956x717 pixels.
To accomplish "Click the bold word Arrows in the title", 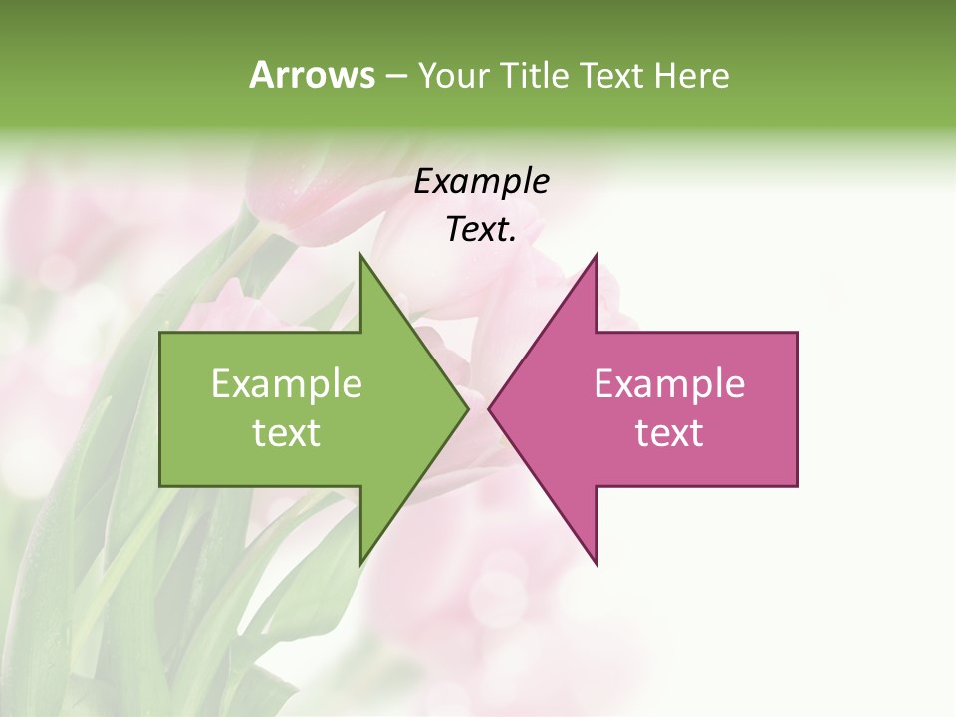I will click(312, 76).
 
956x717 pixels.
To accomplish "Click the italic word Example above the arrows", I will click(481, 181).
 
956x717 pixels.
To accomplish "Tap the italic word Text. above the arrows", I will click(481, 230).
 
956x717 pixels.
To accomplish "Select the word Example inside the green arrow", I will click(286, 384).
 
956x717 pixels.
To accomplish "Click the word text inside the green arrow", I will click(286, 433).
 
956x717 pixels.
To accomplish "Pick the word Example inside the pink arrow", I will click(669, 384).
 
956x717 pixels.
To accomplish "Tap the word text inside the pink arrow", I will click(669, 433).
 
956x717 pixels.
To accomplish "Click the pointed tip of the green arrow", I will click(468, 409).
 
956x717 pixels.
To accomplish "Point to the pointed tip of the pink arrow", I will click(489, 409).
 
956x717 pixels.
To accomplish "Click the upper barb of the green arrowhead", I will click(360, 255).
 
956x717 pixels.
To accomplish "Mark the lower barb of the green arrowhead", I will click(360, 564).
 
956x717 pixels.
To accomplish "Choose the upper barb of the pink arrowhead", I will click(596, 255).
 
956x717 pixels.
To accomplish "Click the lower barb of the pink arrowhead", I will click(596, 564).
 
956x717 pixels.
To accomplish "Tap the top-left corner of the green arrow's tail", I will click(161, 334).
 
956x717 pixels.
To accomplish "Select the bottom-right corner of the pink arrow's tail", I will click(796, 485).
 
